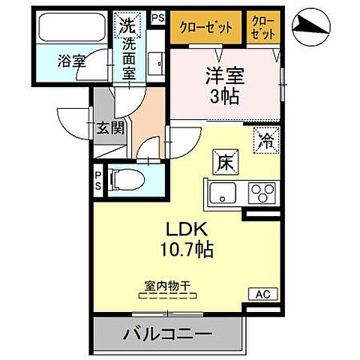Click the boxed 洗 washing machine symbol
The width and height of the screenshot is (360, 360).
click(x=125, y=25)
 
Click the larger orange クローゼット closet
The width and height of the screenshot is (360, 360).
click(x=205, y=29)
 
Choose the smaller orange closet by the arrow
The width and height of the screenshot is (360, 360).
click(x=262, y=29)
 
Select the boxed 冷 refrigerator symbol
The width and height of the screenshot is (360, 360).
click(x=265, y=138)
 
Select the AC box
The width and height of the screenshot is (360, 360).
click(x=265, y=294)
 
